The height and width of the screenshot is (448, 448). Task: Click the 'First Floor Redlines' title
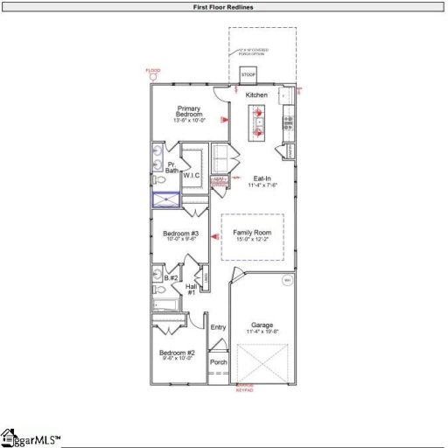pyautogui.click(x=224, y=7)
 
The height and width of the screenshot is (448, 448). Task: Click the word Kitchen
pyautogui.click(x=256, y=94)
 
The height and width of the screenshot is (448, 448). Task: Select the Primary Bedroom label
pyautogui.click(x=188, y=113)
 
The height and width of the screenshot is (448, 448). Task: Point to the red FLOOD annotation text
pyautogui.click(x=153, y=70)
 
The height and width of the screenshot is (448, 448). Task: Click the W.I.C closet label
pyautogui.click(x=192, y=175)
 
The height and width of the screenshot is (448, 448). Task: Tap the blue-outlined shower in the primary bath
pyautogui.click(x=165, y=199)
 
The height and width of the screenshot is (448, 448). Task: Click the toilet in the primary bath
pyautogui.click(x=157, y=179)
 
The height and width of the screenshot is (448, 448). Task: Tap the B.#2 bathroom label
pyautogui.click(x=173, y=277)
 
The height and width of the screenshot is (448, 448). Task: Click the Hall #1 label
pyautogui.click(x=191, y=288)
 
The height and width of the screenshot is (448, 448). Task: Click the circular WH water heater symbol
pyautogui.click(x=285, y=280)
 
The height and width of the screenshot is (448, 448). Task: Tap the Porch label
pyautogui.click(x=218, y=361)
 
